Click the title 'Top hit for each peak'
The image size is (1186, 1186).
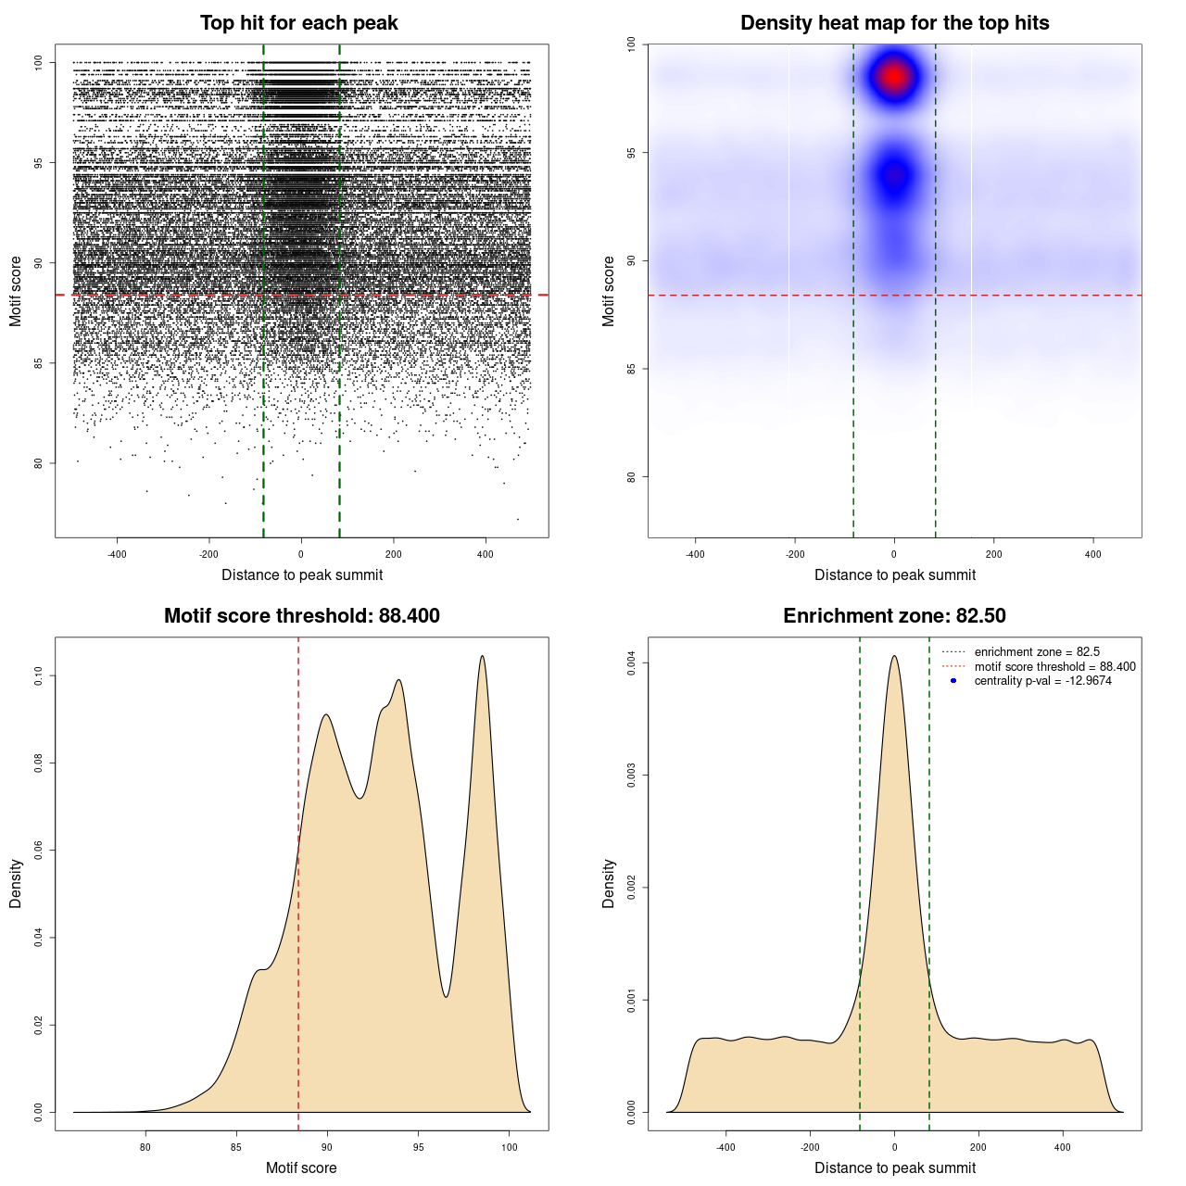298,23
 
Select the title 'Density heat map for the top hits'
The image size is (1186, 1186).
894,23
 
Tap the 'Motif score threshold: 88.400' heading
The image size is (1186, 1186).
301,616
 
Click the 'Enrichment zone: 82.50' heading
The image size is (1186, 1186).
894,616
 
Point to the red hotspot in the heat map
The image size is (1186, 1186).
894,76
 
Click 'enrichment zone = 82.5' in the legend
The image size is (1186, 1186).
1037,652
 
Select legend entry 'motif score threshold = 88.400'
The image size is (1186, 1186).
1054,667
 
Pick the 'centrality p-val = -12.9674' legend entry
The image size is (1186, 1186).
1042,681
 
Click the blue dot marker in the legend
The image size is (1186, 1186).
953,681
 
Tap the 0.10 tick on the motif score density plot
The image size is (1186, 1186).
39,676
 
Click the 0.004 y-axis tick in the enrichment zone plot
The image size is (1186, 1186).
631,663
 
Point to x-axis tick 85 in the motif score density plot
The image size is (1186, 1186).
236,1147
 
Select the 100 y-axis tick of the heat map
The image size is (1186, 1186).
631,44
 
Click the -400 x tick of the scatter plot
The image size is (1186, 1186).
117,554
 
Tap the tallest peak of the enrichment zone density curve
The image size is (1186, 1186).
894,657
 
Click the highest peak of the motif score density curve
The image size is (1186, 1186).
482,657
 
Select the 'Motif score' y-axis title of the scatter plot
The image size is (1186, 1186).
16,291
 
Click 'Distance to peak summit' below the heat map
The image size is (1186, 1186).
894,575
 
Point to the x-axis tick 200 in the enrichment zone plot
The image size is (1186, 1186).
978,1147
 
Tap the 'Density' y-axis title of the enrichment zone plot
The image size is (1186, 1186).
609,883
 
